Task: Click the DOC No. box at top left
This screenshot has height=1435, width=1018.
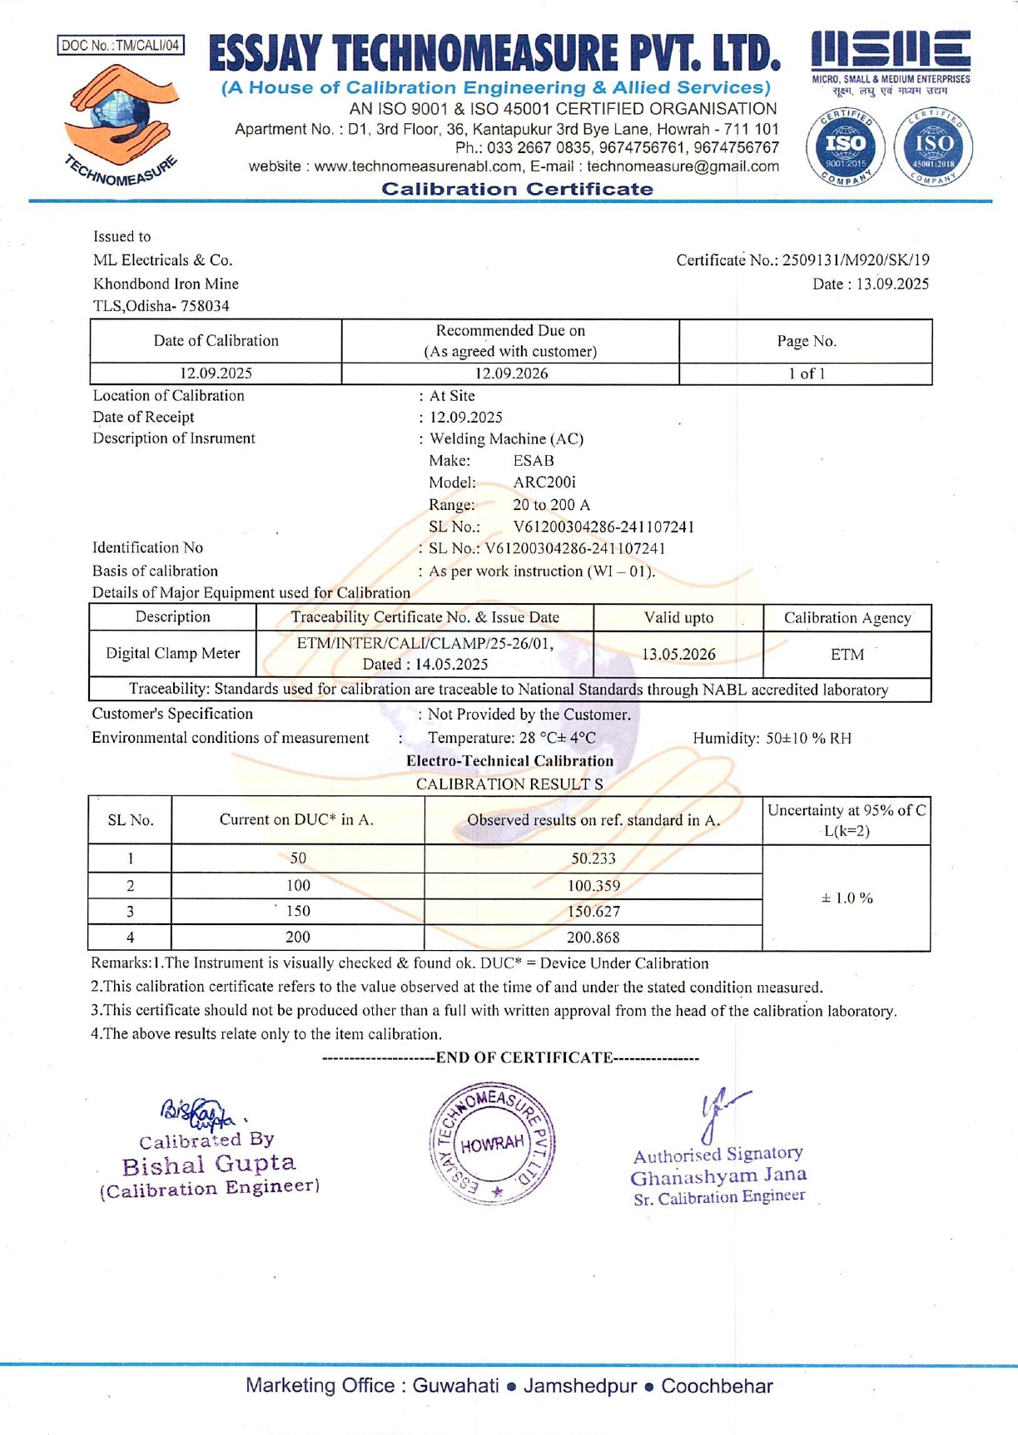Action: point(121,45)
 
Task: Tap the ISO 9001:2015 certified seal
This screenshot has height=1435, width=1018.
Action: point(845,146)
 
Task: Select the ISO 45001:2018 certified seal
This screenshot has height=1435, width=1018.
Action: point(933,146)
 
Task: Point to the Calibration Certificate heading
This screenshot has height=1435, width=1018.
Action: point(517,189)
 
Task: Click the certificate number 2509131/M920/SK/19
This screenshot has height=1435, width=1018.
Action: point(856,260)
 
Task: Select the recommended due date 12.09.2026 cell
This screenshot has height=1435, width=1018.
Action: point(510,374)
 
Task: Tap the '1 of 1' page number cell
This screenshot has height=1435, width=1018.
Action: point(806,374)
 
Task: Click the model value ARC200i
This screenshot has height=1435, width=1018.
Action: point(544,482)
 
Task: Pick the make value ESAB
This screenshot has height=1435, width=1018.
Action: point(534,460)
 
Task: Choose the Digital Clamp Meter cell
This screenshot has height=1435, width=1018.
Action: point(172,653)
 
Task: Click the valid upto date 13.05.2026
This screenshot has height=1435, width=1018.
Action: point(678,655)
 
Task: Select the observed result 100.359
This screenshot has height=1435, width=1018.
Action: point(593,886)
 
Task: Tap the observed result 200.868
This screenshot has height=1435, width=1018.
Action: point(593,938)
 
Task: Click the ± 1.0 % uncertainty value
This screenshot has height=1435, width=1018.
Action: point(847,898)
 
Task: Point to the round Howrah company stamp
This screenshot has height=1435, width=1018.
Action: point(493,1143)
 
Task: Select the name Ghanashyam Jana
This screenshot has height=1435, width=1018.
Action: point(718,1176)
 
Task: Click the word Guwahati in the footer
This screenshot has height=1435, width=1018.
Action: point(455,1386)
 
